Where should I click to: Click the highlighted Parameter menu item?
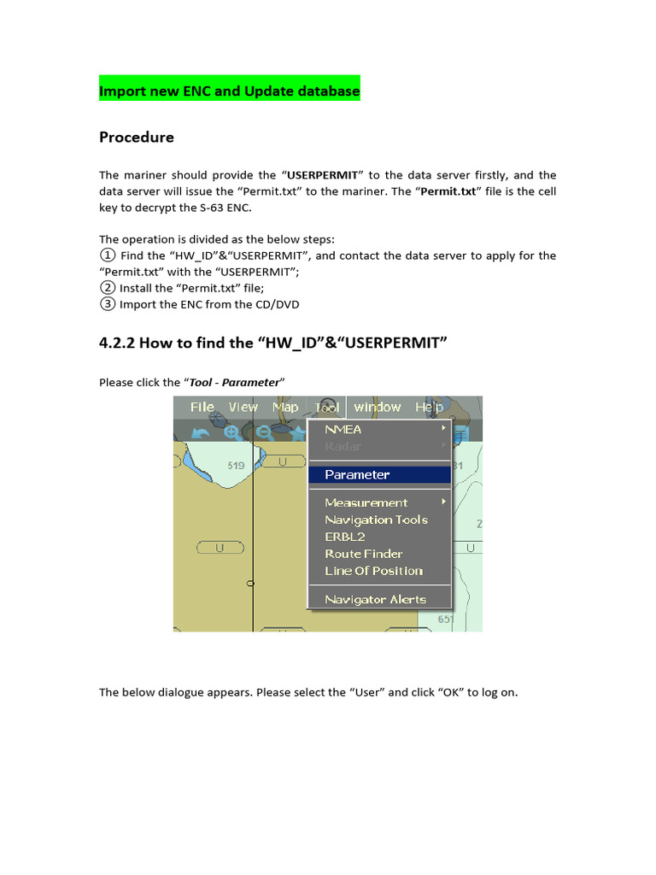point(357,474)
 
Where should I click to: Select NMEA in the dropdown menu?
point(343,429)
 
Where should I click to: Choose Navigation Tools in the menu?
point(376,520)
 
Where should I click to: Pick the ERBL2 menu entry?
point(345,537)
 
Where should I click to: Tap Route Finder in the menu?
point(364,554)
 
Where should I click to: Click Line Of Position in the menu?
point(373,571)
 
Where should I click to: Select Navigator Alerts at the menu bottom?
point(375,599)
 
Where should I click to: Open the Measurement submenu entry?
point(366,502)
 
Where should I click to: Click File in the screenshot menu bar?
point(202,407)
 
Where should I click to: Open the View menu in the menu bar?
point(243,407)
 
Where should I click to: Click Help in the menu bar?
point(429,407)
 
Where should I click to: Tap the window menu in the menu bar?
point(378,407)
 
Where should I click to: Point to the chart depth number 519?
point(236,466)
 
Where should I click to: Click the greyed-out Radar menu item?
point(343,446)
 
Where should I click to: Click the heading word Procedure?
point(137,138)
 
